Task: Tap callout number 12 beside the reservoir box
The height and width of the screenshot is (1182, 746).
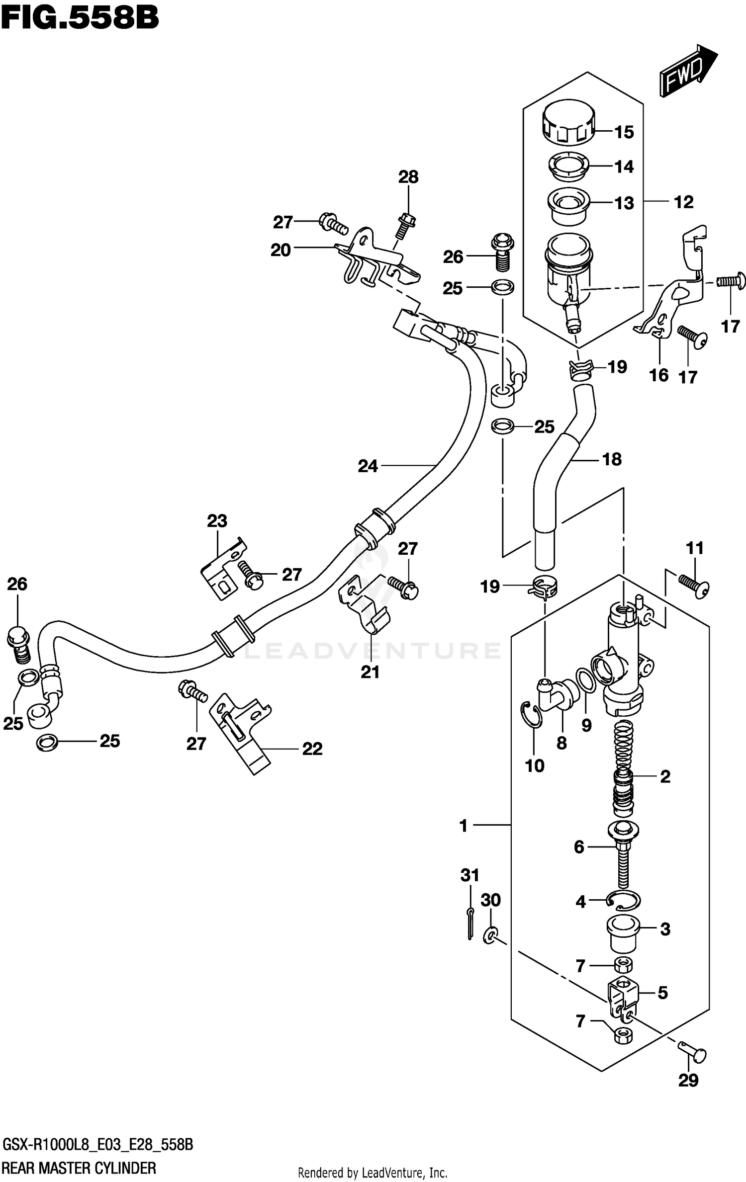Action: coord(683,202)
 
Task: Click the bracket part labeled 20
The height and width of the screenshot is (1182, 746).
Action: coord(376,261)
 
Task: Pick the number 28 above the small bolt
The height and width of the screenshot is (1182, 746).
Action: coord(408,177)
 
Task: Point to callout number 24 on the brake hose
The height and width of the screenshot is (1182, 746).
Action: coord(368,466)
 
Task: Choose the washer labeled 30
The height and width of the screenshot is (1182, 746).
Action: coord(490,936)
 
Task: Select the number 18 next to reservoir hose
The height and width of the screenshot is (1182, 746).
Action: coord(612,459)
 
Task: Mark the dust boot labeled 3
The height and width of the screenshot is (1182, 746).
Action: coord(622,932)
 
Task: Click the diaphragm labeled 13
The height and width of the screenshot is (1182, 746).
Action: coord(568,205)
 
